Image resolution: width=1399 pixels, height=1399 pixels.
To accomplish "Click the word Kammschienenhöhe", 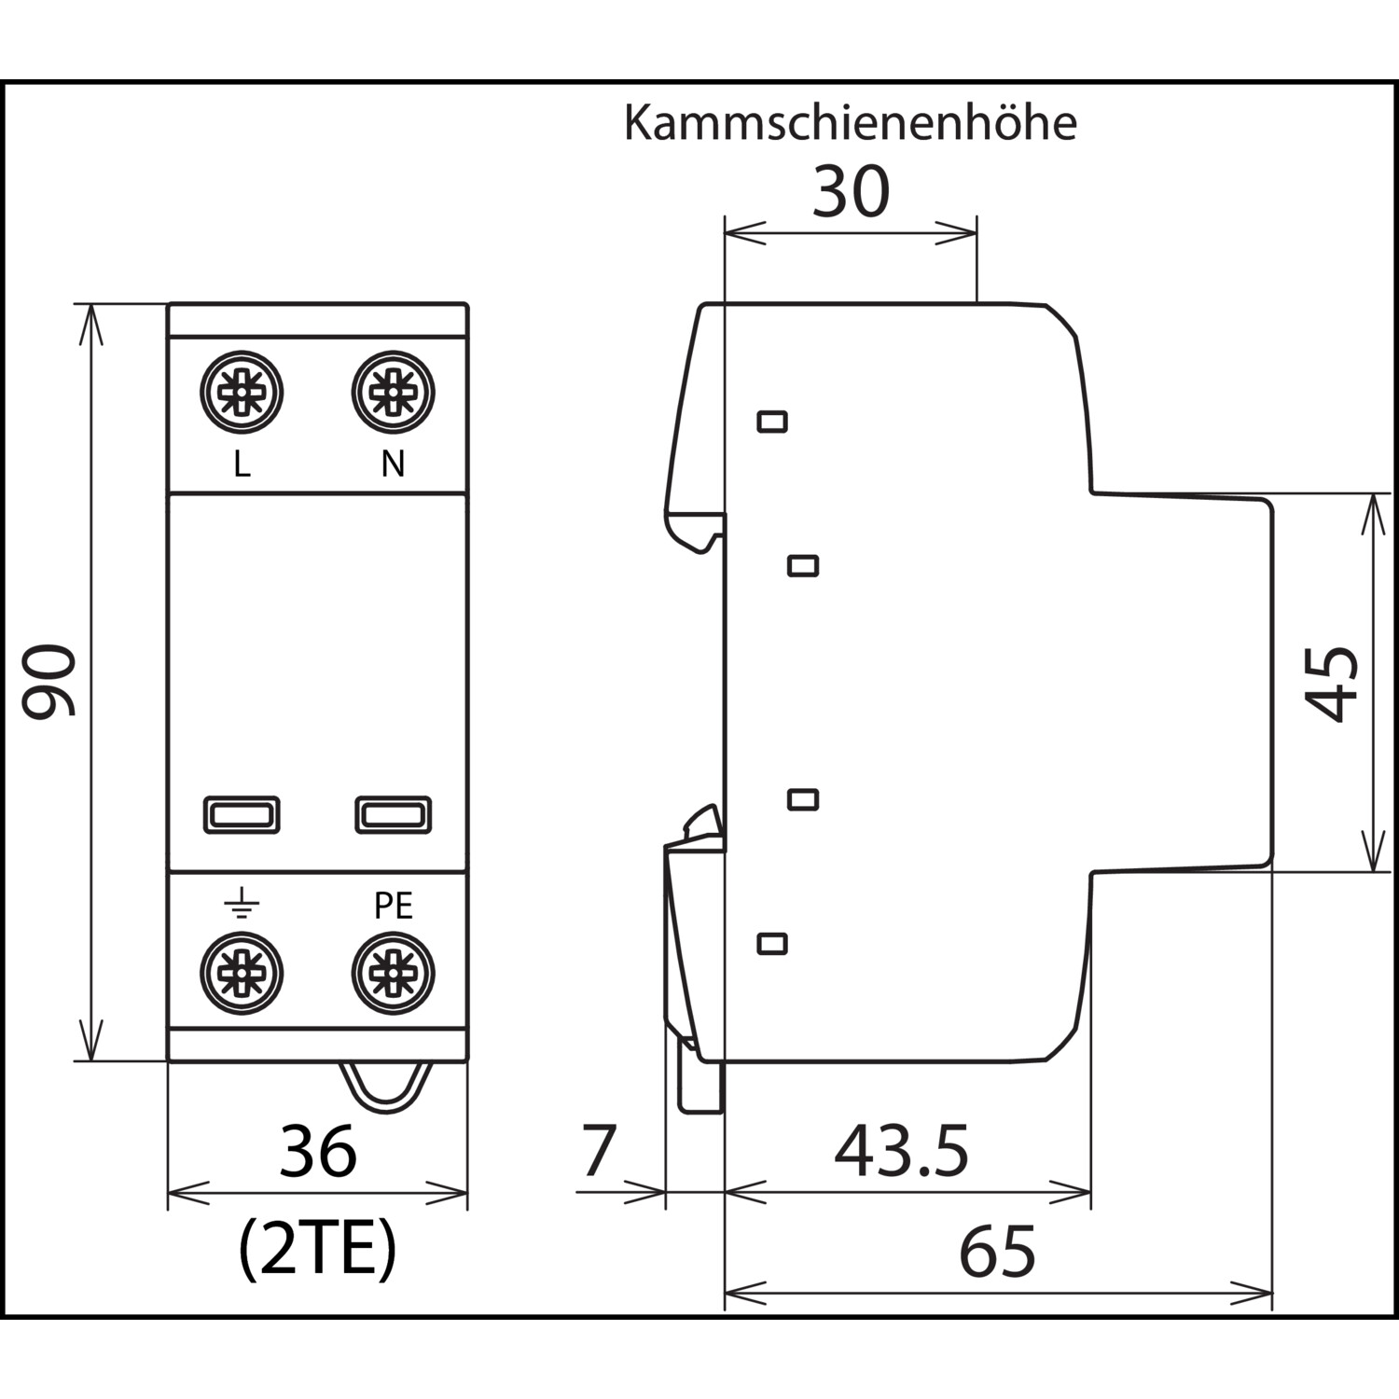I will coord(850,123).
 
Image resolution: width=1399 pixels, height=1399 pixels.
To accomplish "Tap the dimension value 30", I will coord(851,191).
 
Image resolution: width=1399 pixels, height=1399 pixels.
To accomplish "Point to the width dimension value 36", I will coord(318,1152).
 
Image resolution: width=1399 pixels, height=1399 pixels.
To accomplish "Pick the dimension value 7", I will coord(599,1151).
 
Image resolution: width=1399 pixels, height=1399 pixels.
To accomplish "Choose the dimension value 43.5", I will coord(901,1151).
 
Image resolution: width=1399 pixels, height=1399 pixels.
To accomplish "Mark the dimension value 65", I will coord(997,1252).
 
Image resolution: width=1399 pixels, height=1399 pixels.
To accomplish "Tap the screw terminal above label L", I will coord(242,393).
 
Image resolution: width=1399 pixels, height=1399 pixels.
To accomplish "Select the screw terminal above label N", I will coord(393,393).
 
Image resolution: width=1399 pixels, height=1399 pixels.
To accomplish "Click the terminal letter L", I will coord(242,464).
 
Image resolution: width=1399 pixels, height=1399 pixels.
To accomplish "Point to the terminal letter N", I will coord(393,464).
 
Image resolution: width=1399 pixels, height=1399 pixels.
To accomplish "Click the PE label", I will coord(393,906).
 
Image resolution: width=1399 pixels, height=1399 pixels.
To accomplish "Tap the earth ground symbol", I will coord(242,905).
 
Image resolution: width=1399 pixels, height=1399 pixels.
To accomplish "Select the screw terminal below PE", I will coord(393,973).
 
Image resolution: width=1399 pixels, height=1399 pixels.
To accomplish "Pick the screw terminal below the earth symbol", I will coord(242,973).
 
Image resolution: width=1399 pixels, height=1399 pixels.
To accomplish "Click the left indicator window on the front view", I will coord(242,815).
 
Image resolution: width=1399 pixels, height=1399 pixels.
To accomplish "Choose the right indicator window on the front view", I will coord(393,815).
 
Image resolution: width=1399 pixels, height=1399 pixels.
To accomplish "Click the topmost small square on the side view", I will coord(772,422).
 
